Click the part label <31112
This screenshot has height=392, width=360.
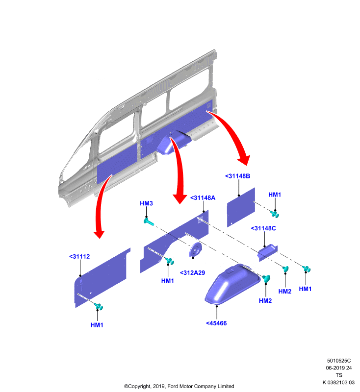[79, 256]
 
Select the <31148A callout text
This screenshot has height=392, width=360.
[203, 198]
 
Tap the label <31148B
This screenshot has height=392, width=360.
[237, 176]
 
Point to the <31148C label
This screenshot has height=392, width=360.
[263, 228]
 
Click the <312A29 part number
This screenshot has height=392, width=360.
[192, 273]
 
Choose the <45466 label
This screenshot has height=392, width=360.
[216, 323]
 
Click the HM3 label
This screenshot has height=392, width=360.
[146, 203]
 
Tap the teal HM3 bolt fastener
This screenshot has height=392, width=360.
[149, 221]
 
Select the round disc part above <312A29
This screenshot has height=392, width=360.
[195, 249]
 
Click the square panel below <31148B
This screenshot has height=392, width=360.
[241, 207]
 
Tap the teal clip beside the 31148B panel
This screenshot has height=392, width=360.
[274, 214]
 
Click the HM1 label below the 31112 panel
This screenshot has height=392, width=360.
[97, 325]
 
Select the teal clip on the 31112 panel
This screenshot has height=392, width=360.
[99, 306]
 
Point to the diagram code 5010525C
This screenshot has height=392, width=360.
[339, 361]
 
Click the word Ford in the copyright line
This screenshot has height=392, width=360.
[172, 386]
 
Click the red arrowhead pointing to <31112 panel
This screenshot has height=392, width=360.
[99, 234]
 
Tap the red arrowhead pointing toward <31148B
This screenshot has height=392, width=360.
[244, 160]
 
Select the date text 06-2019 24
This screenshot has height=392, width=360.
[339, 368]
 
